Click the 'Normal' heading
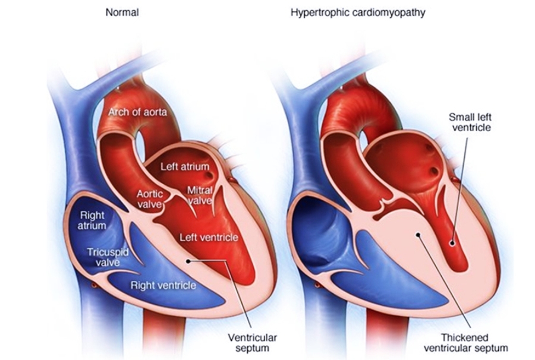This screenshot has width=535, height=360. [x=121, y=12]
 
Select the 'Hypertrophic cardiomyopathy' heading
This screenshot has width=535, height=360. [x=358, y=12]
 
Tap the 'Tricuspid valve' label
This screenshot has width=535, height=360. [x=107, y=257]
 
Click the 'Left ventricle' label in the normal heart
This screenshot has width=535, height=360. [x=209, y=238]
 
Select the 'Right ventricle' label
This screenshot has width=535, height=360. [x=163, y=286]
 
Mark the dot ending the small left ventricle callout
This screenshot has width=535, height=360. [x=452, y=242]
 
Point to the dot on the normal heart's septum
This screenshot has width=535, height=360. [x=188, y=260]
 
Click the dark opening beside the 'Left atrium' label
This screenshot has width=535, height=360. [x=207, y=176]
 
